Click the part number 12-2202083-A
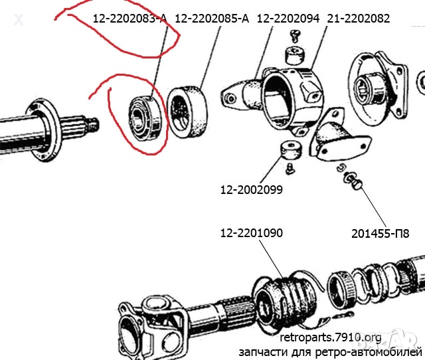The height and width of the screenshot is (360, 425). coord(130,19)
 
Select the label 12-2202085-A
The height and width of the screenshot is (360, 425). coord(212,19)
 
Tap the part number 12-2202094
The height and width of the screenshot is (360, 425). coord(288,19)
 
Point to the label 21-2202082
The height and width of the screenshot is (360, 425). coord(359,19)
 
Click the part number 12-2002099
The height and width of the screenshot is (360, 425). coord(252,190)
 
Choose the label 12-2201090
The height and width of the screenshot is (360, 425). coord(252,233)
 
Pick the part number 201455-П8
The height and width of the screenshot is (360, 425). coord(381,234)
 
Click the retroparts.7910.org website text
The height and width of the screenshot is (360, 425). coord(331,338)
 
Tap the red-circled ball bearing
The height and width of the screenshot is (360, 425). coord(145,118)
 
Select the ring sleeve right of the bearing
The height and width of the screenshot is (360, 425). coord(187,112)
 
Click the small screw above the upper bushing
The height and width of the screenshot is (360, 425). coord(295,37)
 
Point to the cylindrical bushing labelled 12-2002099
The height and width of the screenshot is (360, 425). coord(291,151)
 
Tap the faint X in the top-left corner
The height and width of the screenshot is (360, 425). coord(19,20)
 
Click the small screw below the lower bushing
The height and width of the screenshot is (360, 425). coord(291,168)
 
